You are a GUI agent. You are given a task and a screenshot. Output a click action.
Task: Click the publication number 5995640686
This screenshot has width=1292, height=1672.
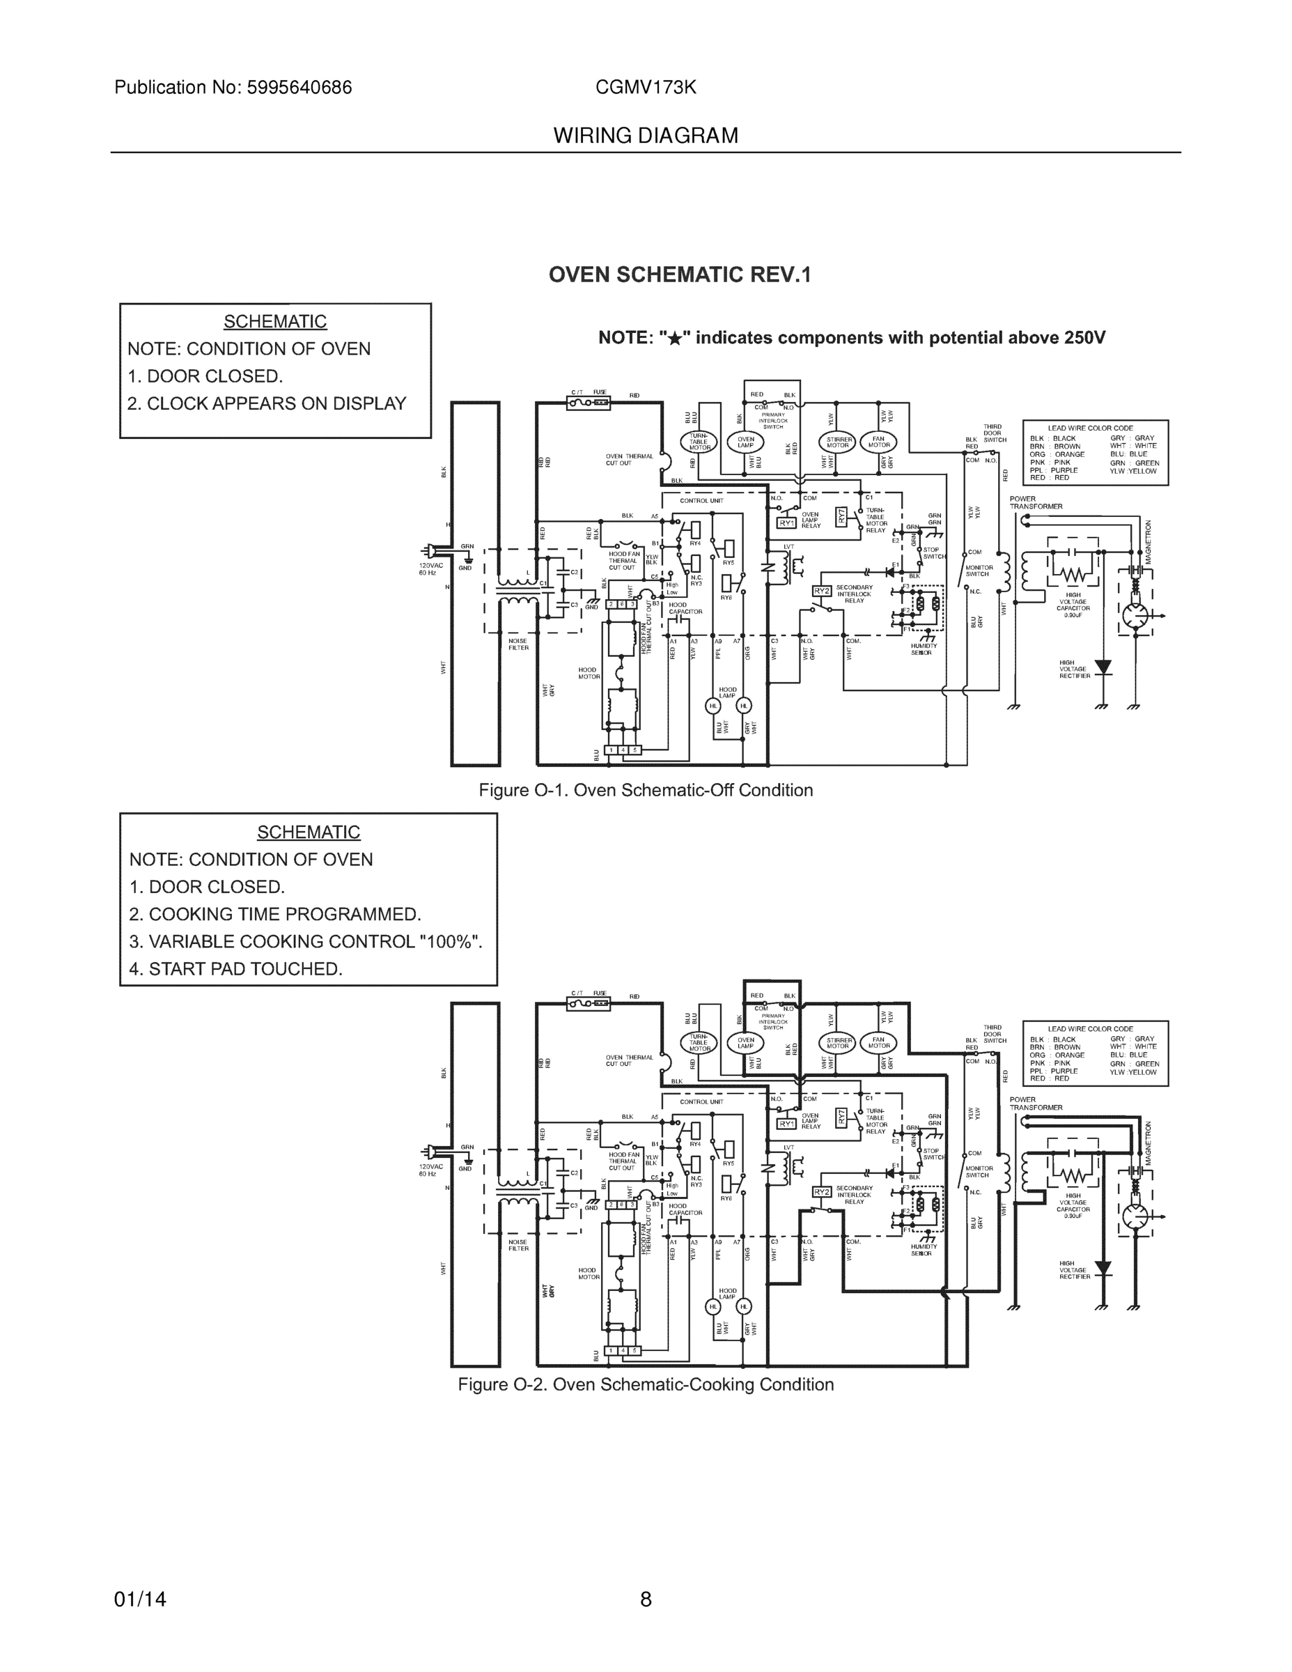[299, 87]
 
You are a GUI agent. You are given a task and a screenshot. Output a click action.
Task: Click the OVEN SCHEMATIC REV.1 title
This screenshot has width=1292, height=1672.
[679, 275]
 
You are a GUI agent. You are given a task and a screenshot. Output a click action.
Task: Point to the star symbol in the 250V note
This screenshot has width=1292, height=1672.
[674, 339]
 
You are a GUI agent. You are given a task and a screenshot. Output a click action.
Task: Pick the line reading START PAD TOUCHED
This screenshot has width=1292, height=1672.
[235, 968]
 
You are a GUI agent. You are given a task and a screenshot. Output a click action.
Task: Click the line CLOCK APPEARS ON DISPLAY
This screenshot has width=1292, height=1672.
[266, 403]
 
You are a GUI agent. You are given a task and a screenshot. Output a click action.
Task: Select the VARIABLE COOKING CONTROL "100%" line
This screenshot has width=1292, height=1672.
[305, 941]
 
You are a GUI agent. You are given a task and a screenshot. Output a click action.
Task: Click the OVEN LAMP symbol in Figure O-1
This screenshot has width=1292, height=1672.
[745, 442]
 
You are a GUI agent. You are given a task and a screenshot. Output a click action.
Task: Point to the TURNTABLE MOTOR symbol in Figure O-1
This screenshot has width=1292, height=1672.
[698, 442]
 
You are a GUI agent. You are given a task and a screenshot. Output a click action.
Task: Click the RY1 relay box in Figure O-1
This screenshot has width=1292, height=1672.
[786, 523]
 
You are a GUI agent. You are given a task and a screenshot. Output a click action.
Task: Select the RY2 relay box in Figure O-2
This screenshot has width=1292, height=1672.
[820, 1192]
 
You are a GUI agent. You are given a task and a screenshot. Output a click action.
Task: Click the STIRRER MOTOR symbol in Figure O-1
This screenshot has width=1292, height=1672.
[838, 442]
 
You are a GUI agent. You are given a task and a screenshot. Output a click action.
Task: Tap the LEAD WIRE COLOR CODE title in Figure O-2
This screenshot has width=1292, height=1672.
[1090, 1028]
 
